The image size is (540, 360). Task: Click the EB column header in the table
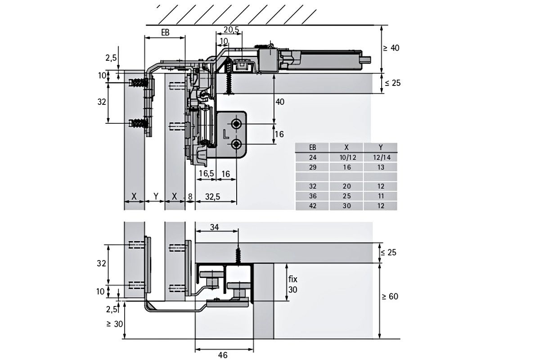pos(312,147)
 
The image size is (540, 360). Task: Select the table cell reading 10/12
pos(347,157)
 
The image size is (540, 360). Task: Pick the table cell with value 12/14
pos(382,157)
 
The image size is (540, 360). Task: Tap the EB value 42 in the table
pos(313,206)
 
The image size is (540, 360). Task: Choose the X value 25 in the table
pos(347,196)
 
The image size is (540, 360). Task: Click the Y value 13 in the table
pos(381,167)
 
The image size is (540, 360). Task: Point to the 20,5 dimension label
pos(231,29)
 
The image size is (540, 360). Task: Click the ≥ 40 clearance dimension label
pos(391,48)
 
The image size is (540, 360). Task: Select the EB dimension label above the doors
pos(166,32)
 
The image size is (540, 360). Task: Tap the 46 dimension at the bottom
pos(223,355)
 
